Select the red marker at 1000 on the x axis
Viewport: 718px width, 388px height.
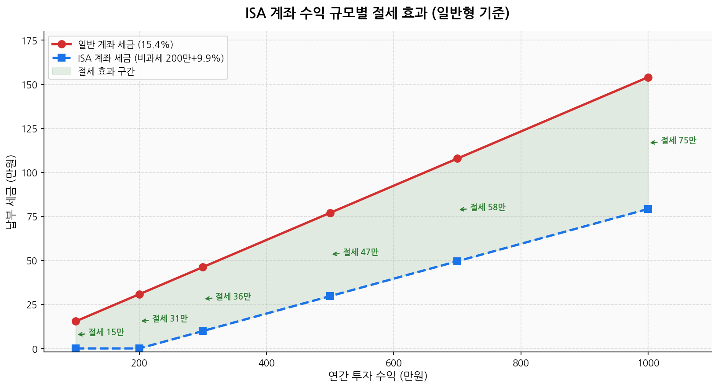coord(648,77)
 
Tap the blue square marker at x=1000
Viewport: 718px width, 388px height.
coord(648,209)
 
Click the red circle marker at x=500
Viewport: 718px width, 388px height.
coord(330,213)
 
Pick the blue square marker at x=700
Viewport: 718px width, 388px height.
coord(457,261)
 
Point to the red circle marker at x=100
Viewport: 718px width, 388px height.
coord(76,321)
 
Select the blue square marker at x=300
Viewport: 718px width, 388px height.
coord(203,331)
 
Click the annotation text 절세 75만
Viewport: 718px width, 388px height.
coord(678,141)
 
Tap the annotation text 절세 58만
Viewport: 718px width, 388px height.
coord(488,207)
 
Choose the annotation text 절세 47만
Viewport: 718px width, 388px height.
coord(361,253)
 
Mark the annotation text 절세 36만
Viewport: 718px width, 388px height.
coord(233,297)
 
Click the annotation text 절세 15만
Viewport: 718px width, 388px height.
coord(106,333)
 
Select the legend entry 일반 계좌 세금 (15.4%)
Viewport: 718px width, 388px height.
coord(125,44)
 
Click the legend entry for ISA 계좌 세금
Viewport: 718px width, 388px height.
coord(151,58)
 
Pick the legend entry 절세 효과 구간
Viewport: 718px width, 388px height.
coord(106,71)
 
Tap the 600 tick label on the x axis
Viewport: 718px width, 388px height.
coord(394,363)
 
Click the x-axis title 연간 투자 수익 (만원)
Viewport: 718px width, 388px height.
coord(378,376)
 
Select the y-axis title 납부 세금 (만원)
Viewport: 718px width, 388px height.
coord(11,192)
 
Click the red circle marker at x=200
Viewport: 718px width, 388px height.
coord(139,294)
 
